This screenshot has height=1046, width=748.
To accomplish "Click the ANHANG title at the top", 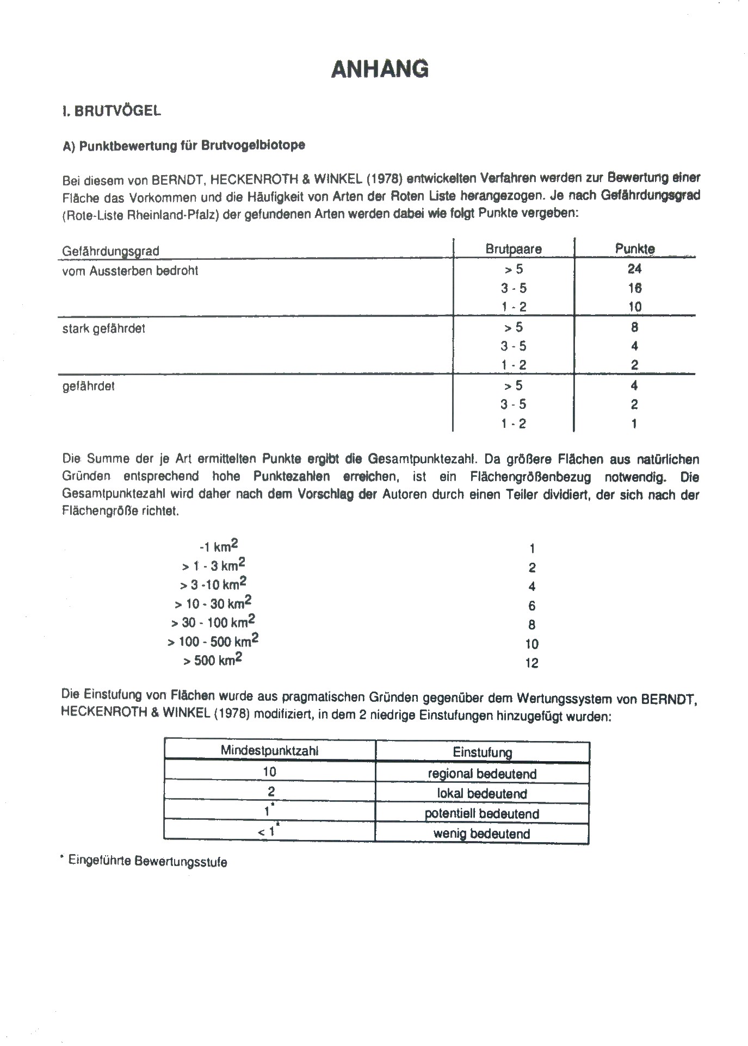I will click(x=380, y=70).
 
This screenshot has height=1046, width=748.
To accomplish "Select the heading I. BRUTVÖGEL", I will click(x=112, y=111).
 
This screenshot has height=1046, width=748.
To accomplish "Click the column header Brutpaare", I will click(x=514, y=249).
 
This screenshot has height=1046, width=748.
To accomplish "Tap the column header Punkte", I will click(x=635, y=248).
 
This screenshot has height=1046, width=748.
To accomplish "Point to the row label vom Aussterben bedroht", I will click(x=130, y=271).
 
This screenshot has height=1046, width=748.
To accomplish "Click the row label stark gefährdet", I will click(x=103, y=329).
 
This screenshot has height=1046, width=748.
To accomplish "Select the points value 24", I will click(x=634, y=269).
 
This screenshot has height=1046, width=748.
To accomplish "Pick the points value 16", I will click(x=634, y=288).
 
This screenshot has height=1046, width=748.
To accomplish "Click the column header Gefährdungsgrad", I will click(x=110, y=251).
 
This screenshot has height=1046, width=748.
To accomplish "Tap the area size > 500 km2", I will click(x=213, y=661).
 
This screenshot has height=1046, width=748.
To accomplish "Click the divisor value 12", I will click(x=531, y=663).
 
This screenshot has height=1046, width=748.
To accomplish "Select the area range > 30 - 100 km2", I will click(x=213, y=622).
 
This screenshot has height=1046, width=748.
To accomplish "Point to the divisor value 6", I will click(x=531, y=606).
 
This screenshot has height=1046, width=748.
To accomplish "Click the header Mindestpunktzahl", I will click(x=269, y=751).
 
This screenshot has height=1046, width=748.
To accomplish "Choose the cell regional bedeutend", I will click(x=482, y=774).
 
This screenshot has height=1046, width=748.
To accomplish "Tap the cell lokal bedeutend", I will click(x=482, y=793).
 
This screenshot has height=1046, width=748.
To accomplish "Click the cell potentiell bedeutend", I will click(x=482, y=814).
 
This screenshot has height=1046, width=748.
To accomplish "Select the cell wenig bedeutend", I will click(x=482, y=833).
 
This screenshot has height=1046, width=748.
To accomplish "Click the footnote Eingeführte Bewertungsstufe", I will click(x=147, y=862).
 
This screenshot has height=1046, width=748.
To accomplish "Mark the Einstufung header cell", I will click(x=482, y=752).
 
